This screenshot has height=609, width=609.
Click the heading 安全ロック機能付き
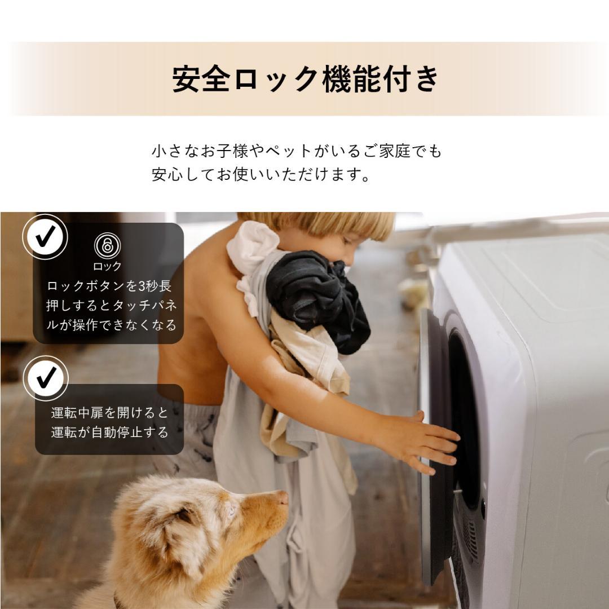pyautogui.click(x=305, y=80)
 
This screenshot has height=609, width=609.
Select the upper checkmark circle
pyautogui.click(x=45, y=236)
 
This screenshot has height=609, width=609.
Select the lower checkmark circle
pyautogui.click(x=45, y=378)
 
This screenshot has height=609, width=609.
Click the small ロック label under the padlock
pyautogui.click(x=107, y=266)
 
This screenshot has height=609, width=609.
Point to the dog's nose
pyautogui.click(x=282, y=497)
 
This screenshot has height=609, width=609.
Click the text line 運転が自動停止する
pyautogui.click(x=110, y=433)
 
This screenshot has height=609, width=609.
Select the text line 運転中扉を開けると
pyautogui.click(x=110, y=413)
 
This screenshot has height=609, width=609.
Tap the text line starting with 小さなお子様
pyautogui.click(x=297, y=151)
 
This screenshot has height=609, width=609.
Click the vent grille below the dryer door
pyautogui.click(x=471, y=536)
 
